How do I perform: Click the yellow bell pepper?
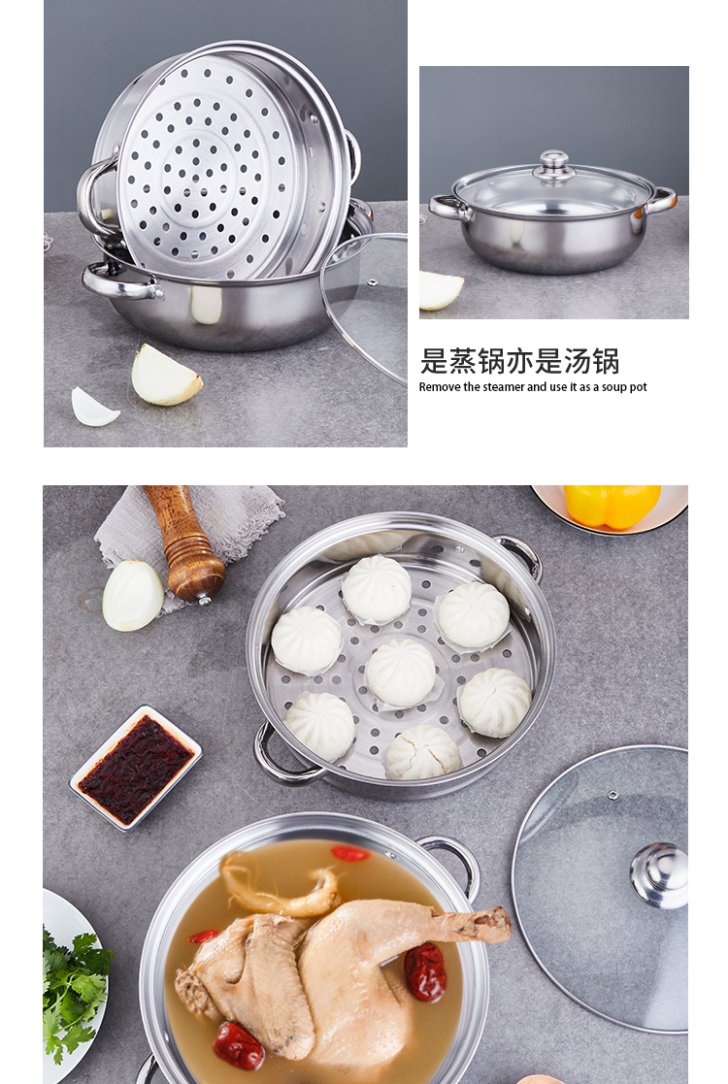(x=612, y=505)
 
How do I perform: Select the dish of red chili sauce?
(x=136, y=767)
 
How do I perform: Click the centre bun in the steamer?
(x=400, y=672)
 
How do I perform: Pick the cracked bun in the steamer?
(x=422, y=753)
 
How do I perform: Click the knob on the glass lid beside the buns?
(x=660, y=873)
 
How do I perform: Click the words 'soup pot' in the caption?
(x=625, y=387)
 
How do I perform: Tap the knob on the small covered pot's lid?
(x=554, y=161)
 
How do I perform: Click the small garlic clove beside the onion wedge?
(x=94, y=407)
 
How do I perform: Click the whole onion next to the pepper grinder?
(x=133, y=594)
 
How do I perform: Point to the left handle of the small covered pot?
(x=447, y=206)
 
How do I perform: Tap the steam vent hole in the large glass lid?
(x=612, y=795)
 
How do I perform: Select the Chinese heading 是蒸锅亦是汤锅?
(x=519, y=360)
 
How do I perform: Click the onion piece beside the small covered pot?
(x=441, y=289)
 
